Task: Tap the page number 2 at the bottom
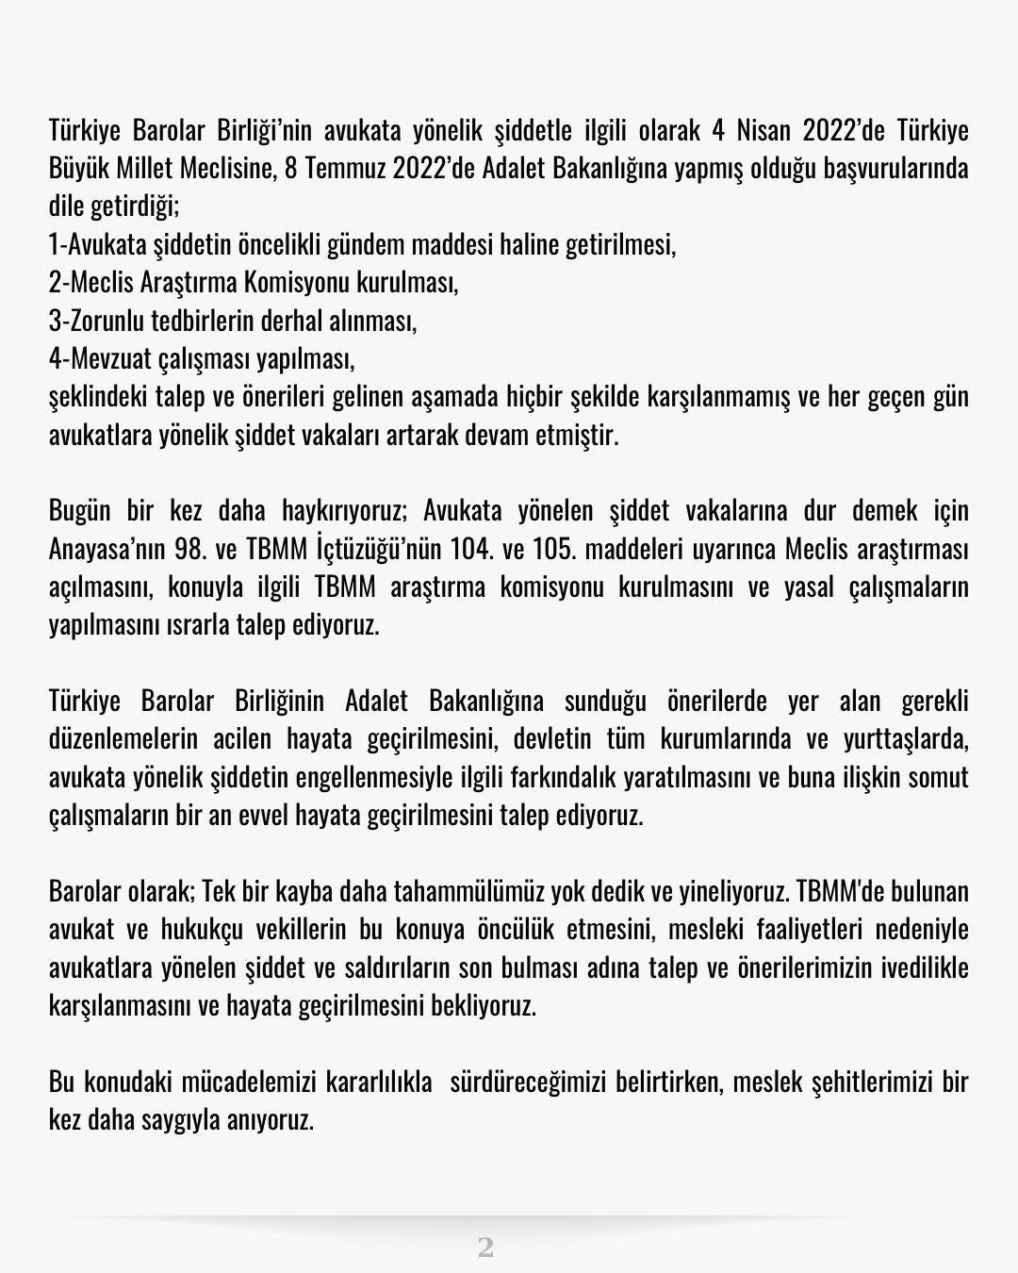(x=485, y=1248)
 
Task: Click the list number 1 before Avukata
(x=55, y=244)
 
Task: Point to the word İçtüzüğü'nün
(x=377, y=549)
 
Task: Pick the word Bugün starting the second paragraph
(x=80, y=511)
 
